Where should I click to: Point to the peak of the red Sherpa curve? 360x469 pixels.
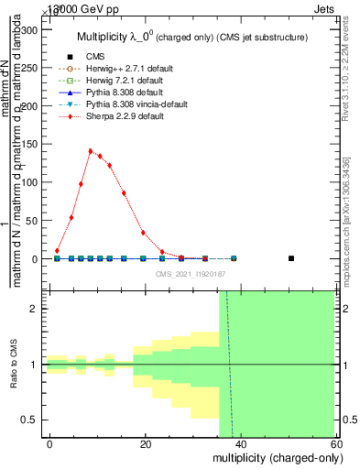tap(90, 151)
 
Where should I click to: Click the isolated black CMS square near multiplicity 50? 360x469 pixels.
tap(290, 258)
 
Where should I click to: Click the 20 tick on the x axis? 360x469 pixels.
tap(146, 444)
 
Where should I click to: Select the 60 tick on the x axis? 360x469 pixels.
tap(337, 444)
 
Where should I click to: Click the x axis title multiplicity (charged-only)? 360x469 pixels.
tap(278, 457)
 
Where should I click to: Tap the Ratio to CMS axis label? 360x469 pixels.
tap(14, 365)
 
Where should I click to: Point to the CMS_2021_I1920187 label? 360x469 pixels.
tap(190, 273)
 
